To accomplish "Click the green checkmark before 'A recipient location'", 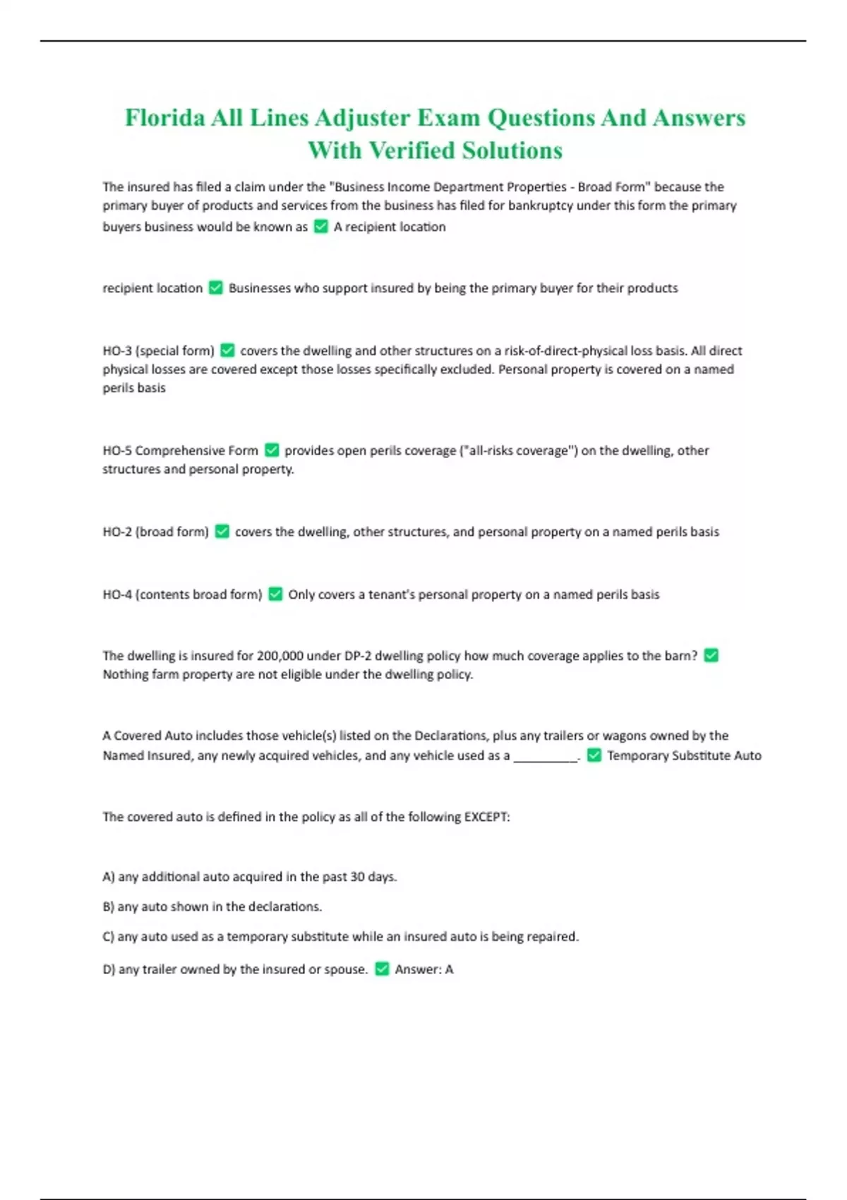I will point(320,227).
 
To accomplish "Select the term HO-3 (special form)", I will point(158,351).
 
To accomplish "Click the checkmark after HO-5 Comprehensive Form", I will point(272,450).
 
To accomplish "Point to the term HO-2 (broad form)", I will point(155,532).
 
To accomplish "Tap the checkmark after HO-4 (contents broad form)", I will point(275,594).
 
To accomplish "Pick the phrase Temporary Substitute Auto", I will point(684,756).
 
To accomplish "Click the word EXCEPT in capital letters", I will point(486,817).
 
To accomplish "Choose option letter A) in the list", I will point(109,877).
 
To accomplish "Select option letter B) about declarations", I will point(109,906).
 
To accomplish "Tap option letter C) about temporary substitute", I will point(109,937).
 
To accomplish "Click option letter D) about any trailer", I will point(109,969).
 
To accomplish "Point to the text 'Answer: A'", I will point(423,969).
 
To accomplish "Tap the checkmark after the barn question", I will point(711,656).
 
